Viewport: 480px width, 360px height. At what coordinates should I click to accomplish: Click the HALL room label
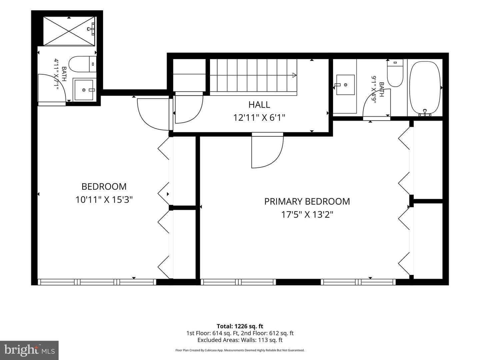point(259,105)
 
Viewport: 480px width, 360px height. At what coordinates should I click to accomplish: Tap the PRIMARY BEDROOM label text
point(307,202)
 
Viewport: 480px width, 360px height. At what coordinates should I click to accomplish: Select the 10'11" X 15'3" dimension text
point(104,200)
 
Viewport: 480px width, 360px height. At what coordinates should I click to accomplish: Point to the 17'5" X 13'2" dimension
point(307,214)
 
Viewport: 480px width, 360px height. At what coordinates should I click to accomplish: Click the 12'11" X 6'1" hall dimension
point(259,118)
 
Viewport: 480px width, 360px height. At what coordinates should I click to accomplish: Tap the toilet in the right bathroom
point(395,73)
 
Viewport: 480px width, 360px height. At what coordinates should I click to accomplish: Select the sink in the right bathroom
point(345,85)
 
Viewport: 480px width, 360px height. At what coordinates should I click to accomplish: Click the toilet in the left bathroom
point(82,64)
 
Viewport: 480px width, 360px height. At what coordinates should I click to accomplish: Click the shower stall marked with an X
point(69,31)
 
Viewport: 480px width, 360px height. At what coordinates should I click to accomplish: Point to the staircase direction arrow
point(294,75)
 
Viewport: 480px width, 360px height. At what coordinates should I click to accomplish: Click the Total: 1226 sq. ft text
point(240,326)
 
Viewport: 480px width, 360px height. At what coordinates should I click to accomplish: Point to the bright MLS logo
point(29,350)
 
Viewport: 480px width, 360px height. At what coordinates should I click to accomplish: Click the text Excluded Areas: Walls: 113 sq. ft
point(240,340)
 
